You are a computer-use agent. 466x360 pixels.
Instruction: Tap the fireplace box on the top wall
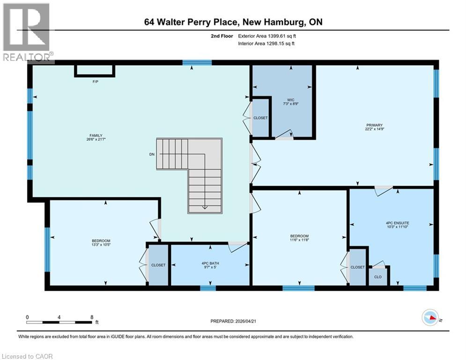94,70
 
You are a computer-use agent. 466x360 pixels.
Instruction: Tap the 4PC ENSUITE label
392,224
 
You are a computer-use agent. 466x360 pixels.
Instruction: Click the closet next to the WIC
260,118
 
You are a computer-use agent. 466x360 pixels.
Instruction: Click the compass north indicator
430,318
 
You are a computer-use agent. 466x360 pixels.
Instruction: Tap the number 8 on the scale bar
91,317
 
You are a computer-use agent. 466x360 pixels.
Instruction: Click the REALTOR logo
27,33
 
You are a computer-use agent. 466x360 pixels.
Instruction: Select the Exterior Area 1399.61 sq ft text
266,36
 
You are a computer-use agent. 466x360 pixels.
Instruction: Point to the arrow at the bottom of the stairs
205,207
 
